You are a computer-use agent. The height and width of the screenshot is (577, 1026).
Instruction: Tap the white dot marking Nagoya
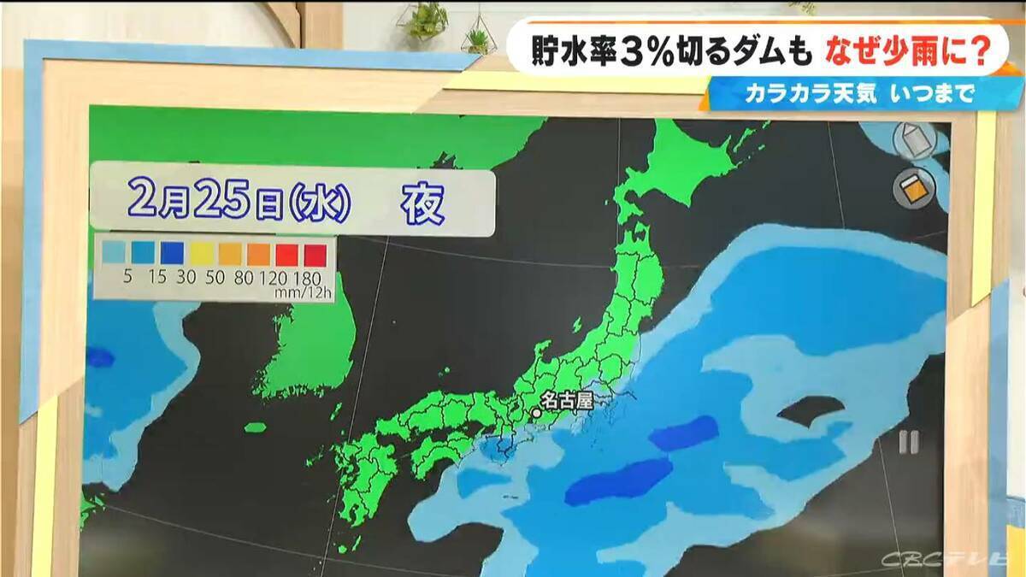pyautogui.click(x=537, y=413)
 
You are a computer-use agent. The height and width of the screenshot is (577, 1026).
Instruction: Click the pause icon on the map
pyautogui.click(x=908, y=442)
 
